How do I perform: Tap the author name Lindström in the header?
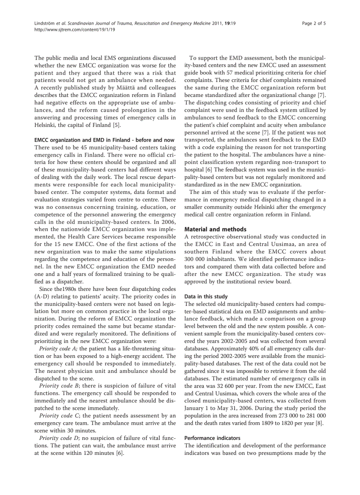pos(45,23)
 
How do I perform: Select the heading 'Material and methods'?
pos(215,229)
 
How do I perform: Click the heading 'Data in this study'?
pos(206,297)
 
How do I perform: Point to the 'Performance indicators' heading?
pos(212,438)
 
